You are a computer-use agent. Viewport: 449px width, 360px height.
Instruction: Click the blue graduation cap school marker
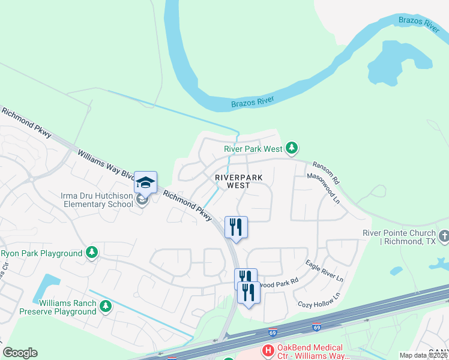point(146,181)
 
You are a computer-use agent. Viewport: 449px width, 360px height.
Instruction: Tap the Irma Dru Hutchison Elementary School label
point(97,200)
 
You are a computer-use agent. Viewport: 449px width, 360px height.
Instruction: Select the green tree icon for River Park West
point(292,148)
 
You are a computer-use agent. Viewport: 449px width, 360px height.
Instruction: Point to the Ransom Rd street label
point(325,172)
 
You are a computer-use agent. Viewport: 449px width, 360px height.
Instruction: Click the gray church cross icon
point(444,236)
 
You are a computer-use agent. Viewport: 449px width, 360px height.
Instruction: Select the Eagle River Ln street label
point(324,271)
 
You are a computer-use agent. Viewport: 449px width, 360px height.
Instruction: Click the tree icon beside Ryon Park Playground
point(92,253)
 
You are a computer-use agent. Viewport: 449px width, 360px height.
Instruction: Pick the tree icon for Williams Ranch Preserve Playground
point(106,307)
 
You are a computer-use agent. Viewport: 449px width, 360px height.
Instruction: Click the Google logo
point(20,353)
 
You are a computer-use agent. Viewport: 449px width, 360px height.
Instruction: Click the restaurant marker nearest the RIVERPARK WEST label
point(236,227)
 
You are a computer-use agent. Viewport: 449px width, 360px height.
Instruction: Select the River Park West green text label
point(253,148)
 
